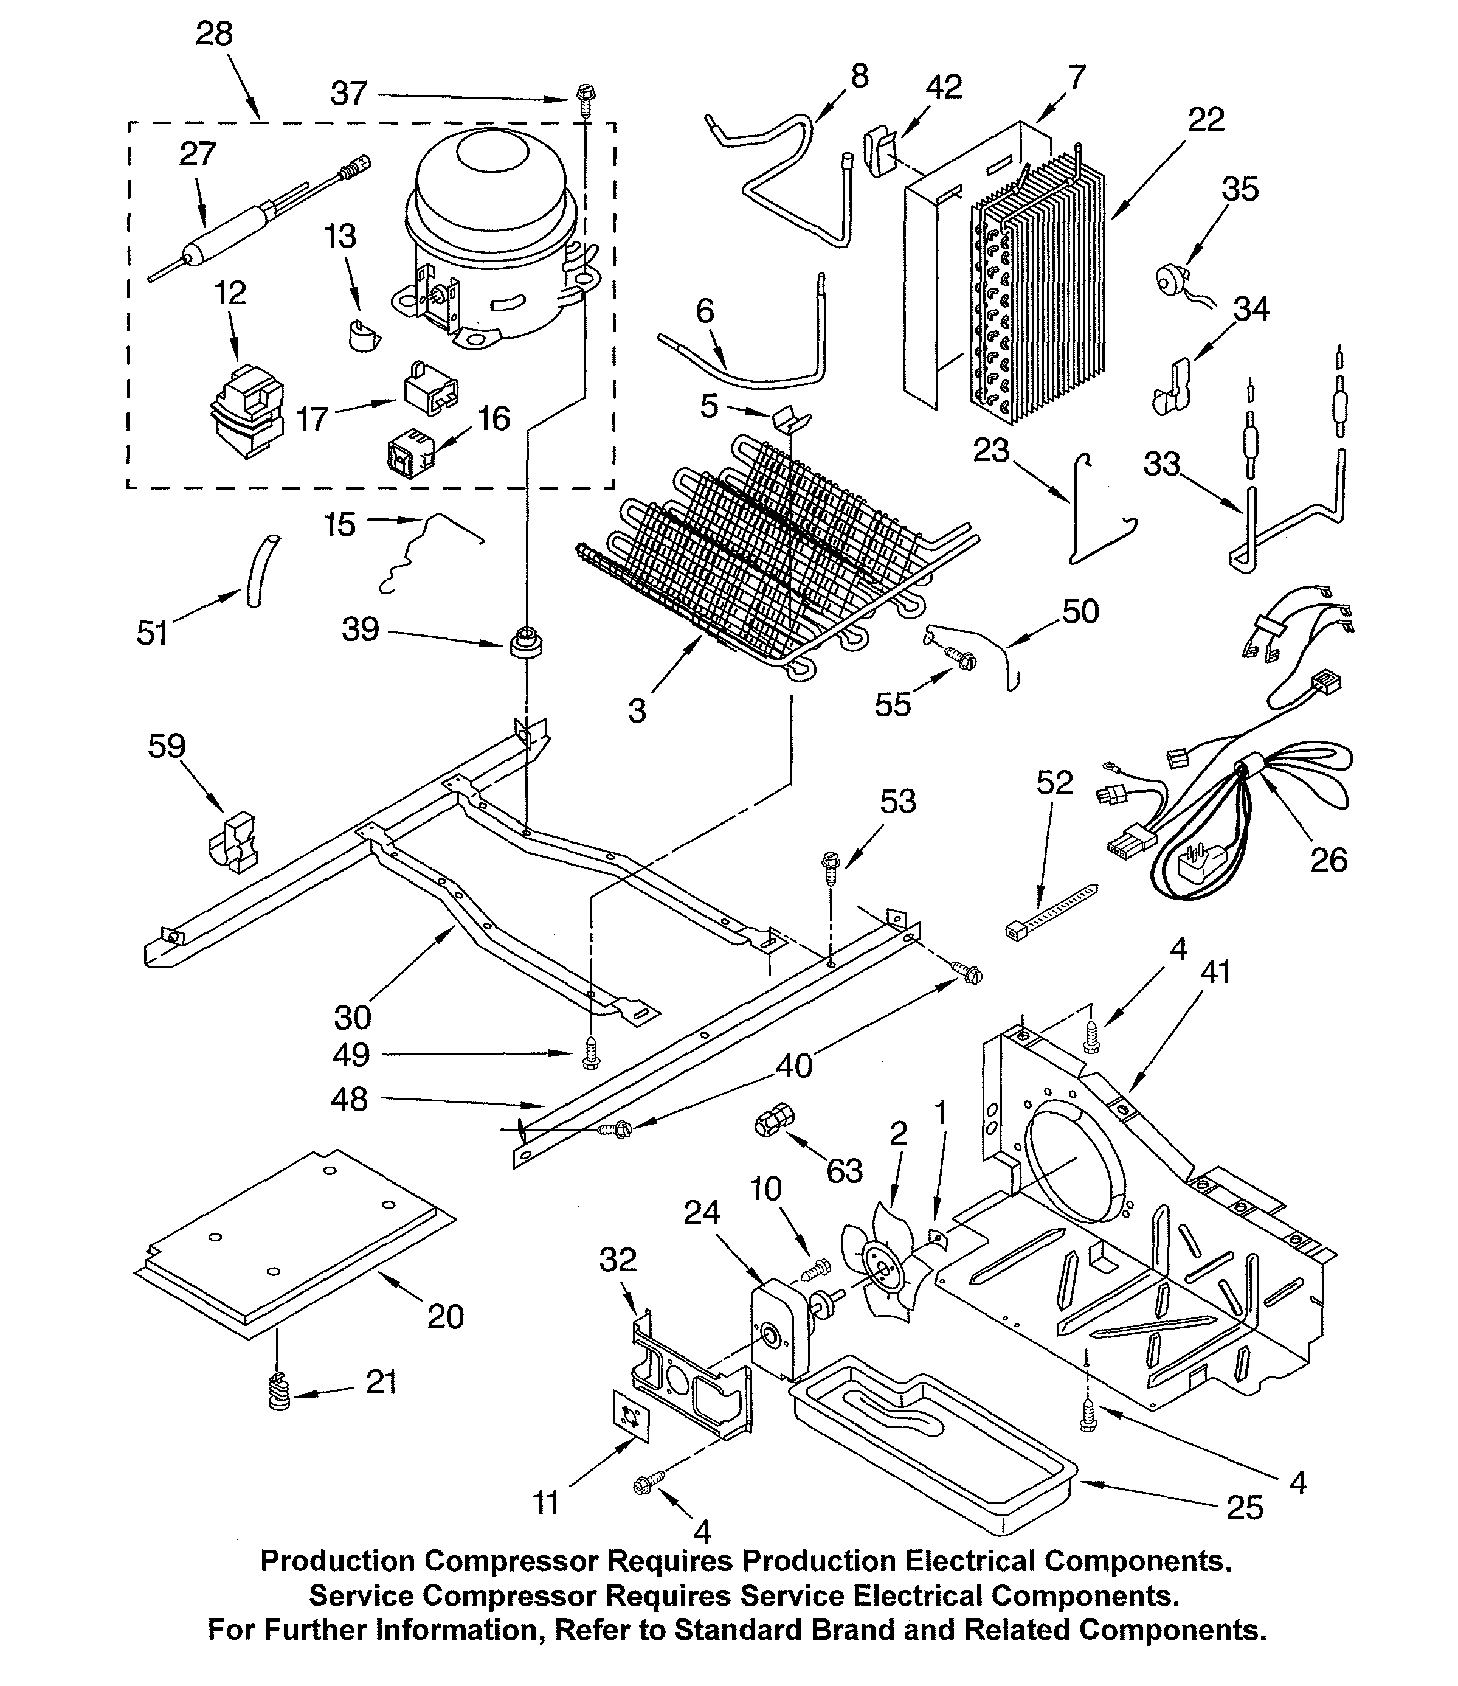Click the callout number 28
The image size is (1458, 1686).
click(x=214, y=34)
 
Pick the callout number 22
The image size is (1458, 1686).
click(x=1206, y=120)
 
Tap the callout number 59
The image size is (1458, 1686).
click(x=167, y=746)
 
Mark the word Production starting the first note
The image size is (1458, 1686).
click(x=337, y=1561)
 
